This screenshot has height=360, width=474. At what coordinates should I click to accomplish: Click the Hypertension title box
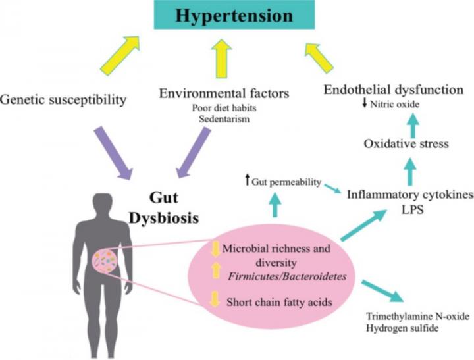(242, 16)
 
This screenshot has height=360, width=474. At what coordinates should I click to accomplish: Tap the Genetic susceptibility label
(63, 100)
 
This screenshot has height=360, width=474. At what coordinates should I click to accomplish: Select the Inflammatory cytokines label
(409, 195)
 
